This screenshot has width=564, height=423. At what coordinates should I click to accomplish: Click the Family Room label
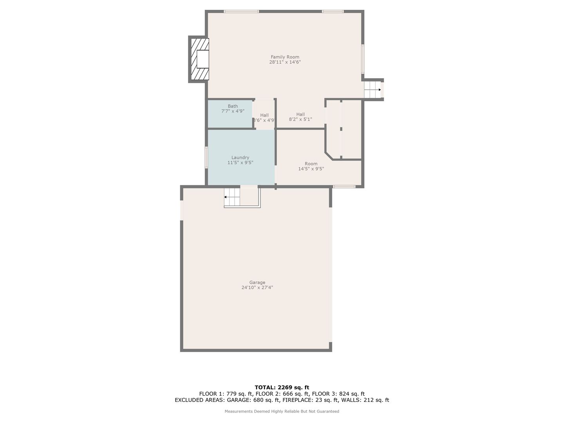[x=285, y=57]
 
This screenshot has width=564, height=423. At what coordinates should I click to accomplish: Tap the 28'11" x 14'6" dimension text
[x=285, y=62]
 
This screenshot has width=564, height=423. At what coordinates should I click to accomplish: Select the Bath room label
[x=233, y=106]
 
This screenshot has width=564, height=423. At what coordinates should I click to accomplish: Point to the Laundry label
[x=240, y=157]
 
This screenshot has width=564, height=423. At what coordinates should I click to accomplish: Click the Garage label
[x=257, y=282]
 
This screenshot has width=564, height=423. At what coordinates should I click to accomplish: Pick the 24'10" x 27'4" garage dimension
[x=257, y=287]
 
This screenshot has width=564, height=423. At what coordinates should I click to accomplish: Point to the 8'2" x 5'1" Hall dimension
[x=300, y=119]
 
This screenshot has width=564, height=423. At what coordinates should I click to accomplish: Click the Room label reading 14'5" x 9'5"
[x=311, y=166]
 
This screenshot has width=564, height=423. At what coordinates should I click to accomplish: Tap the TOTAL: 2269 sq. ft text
[x=282, y=387]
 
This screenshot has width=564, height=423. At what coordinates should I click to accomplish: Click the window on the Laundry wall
[x=206, y=157]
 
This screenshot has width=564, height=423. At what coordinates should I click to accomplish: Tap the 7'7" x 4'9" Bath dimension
[x=233, y=111]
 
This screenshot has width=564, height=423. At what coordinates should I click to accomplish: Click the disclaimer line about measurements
[x=282, y=411]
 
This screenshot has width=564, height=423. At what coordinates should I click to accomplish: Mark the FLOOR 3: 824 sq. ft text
[x=338, y=394]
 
